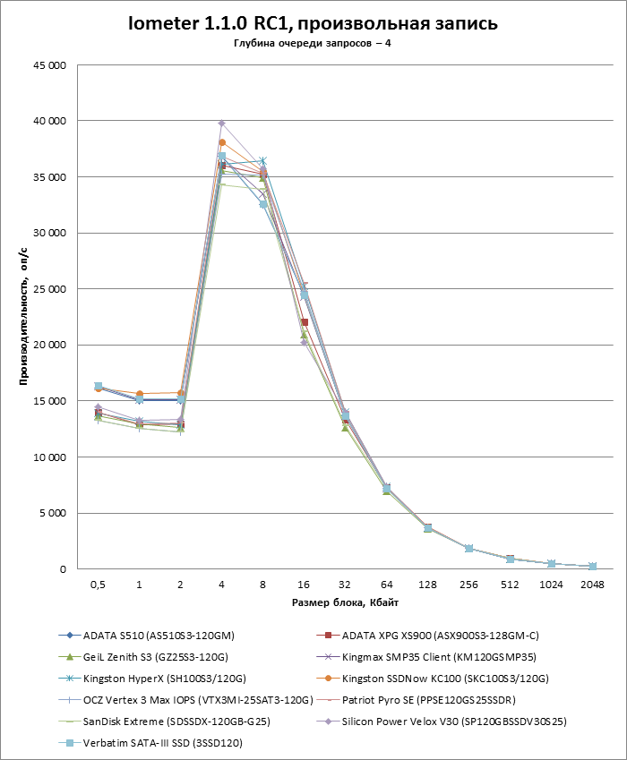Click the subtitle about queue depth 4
click(x=313, y=43)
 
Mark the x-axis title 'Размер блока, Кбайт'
click(x=345, y=602)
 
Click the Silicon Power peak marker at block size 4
click(x=221, y=124)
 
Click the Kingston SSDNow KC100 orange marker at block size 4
click(x=221, y=142)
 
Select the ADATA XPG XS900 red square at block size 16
click(x=305, y=322)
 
